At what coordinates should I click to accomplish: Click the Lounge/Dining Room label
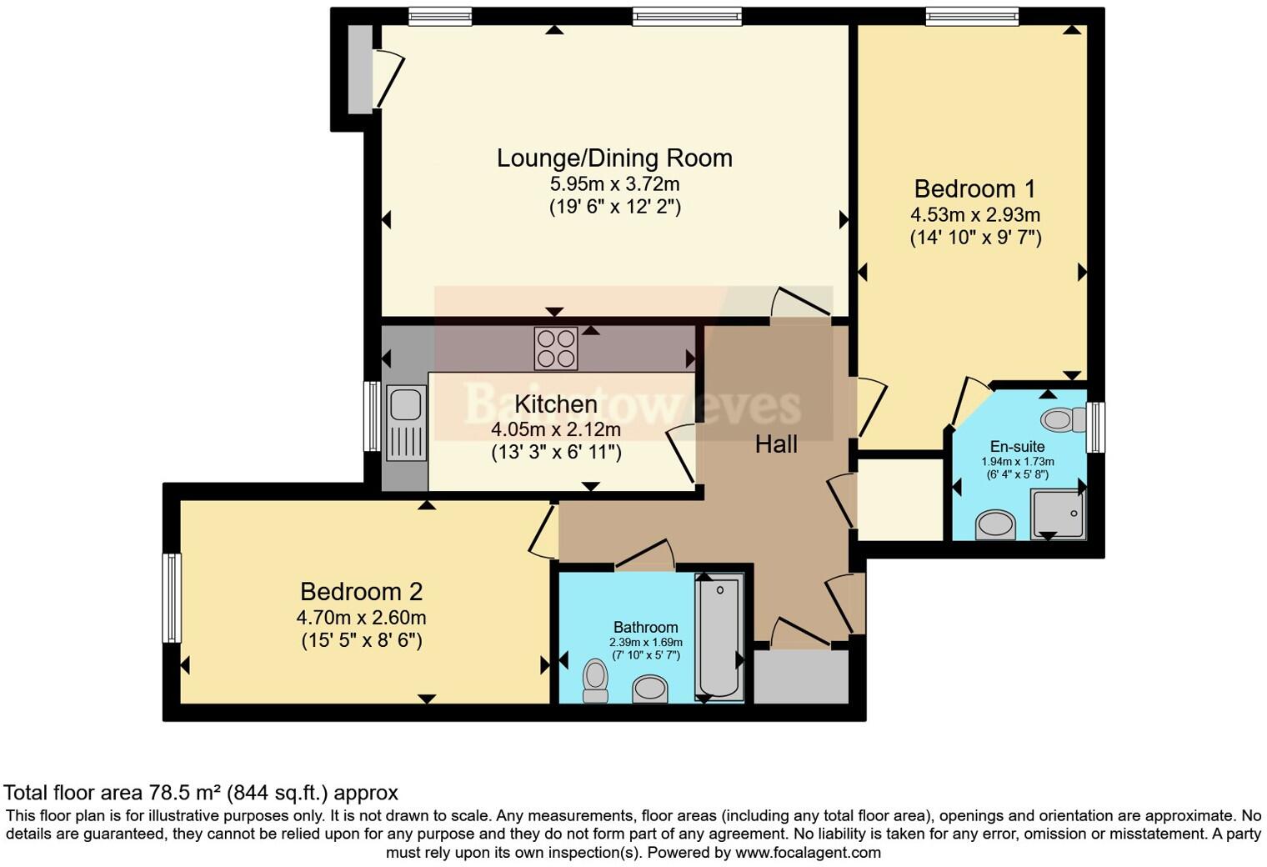[x=614, y=158]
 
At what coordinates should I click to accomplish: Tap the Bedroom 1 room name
[x=974, y=188]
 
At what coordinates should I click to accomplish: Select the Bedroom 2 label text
[x=361, y=592]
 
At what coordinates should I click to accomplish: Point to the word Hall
[x=776, y=444]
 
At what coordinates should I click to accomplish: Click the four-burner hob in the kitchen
[x=556, y=348]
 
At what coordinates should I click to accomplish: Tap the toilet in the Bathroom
[x=595, y=680]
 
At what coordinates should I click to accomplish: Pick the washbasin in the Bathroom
[x=650, y=689]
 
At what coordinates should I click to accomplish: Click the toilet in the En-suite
[x=1059, y=418]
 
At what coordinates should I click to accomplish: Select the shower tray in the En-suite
[x=1059, y=514]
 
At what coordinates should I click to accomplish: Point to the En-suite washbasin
[x=995, y=525]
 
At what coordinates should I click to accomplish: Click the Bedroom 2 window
[x=172, y=598]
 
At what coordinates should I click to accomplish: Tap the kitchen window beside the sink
[x=372, y=416]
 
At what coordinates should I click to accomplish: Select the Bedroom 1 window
[x=972, y=16]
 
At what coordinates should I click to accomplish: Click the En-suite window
[x=1096, y=427]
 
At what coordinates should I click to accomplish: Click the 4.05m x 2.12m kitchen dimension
[x=556, y=430]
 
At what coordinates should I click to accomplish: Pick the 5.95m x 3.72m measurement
[x=614, y=183]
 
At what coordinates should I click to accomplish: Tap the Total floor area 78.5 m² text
[x=200, y=792]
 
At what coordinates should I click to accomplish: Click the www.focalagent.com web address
[x=808, y=852]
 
